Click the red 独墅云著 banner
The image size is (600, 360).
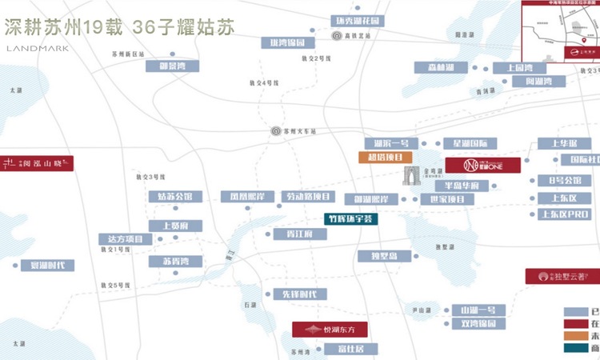click(561, 275)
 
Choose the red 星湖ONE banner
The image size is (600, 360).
click(482, 165)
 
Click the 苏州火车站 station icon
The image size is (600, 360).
click(276, 130)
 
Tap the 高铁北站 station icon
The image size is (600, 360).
click(338, 35)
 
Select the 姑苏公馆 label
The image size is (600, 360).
click(175, 196)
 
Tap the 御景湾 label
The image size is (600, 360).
click(172, 67)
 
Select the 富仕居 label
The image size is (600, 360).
click(351, 349)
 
